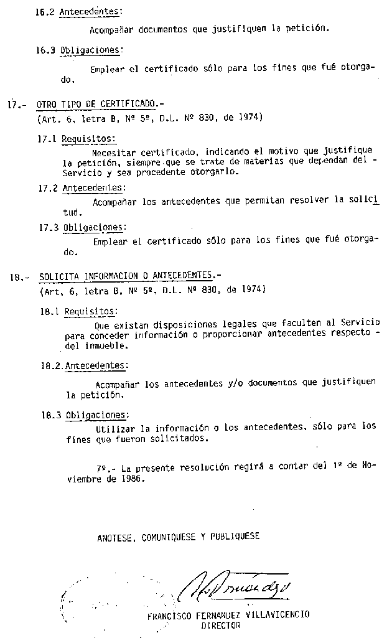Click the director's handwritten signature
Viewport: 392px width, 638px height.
(x=239, y=585)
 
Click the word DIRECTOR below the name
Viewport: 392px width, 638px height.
(x=221, y=627)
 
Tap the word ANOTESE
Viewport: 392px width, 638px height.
(x=115, y=537)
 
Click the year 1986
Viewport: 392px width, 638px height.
(x=133, y=479)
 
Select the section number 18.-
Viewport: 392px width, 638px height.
(x=17, y=277)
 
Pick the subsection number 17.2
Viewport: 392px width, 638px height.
(x=48, y=188)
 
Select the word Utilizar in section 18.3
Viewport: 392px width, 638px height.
(x=116, y=428)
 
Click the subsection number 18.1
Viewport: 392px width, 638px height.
(x=49, y=311)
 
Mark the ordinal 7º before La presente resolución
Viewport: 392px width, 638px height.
(x=103, y=467)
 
